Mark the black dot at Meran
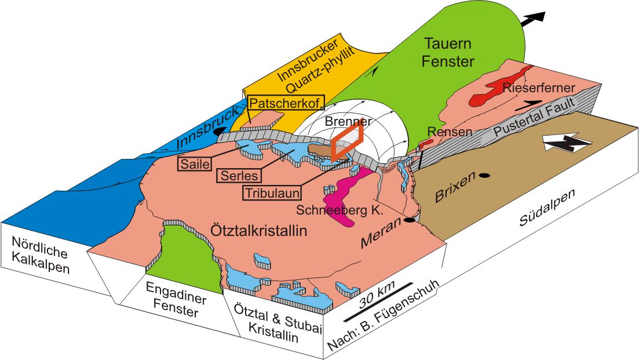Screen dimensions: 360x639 (x=410, y=220)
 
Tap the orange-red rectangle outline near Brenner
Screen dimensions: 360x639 (x=348, y=140)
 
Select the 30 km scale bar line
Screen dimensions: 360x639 (x=378, y=301)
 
